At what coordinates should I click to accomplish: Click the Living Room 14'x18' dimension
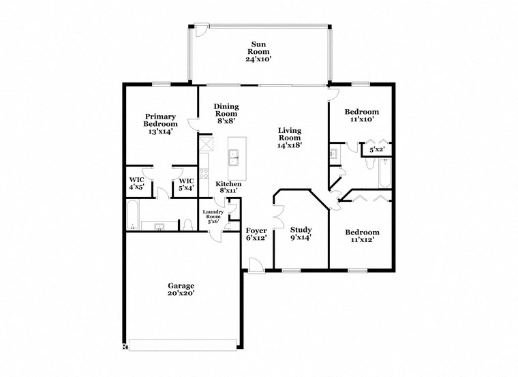[290, 145]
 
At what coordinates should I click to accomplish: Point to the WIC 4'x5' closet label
[136, 183]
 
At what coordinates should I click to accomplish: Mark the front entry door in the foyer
[254, 266]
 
